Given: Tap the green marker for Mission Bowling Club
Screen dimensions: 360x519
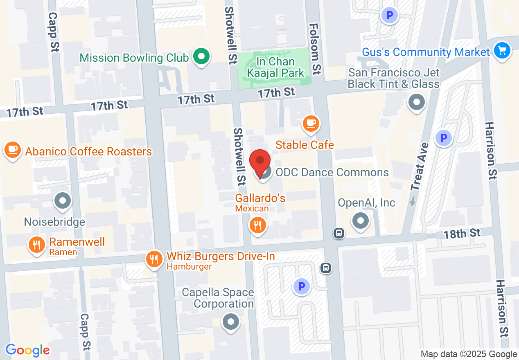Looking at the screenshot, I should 201,56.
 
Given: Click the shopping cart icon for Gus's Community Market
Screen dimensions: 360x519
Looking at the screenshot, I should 502,51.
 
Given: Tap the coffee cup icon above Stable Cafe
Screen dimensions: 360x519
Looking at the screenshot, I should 311,123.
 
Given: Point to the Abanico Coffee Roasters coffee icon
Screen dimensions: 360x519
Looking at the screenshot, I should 13,149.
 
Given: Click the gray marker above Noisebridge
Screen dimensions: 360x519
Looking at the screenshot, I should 63,201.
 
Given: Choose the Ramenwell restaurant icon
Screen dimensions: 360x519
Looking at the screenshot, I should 37,245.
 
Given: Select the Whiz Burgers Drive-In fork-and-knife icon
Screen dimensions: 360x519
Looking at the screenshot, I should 154,259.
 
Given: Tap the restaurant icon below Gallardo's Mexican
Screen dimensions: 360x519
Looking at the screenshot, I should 258,225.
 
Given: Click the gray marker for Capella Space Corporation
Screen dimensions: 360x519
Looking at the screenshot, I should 230,322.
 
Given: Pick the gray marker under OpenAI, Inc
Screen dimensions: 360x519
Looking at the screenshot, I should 361,221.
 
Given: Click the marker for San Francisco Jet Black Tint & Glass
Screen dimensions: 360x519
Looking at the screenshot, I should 417,102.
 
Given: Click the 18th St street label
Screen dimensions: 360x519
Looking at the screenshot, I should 462,234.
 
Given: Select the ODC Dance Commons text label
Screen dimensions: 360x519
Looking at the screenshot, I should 332,172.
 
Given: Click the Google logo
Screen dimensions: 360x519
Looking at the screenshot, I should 27,350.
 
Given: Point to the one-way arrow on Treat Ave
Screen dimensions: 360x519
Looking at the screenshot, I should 413,201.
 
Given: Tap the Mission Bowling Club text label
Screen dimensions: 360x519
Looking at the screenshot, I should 134,57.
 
